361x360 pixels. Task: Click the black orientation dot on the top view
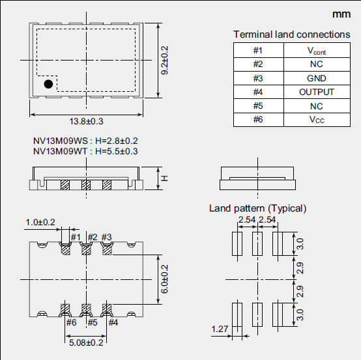[x=48, y=84]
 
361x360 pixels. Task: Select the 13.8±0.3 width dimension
[x=86, y=121]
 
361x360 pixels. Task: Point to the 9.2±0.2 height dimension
[x=164, y=61]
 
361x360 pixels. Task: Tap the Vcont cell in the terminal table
[x=317, y=50]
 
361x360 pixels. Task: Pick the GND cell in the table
[x=317, y=78]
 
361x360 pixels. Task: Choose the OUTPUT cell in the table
[x=317, y=92]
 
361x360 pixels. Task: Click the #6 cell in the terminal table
[x=258, y=120]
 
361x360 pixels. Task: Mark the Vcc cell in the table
[x=317, y=120]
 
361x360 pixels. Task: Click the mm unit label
[x=341, y=14]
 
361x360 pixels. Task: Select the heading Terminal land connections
[x=292, y=35]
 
